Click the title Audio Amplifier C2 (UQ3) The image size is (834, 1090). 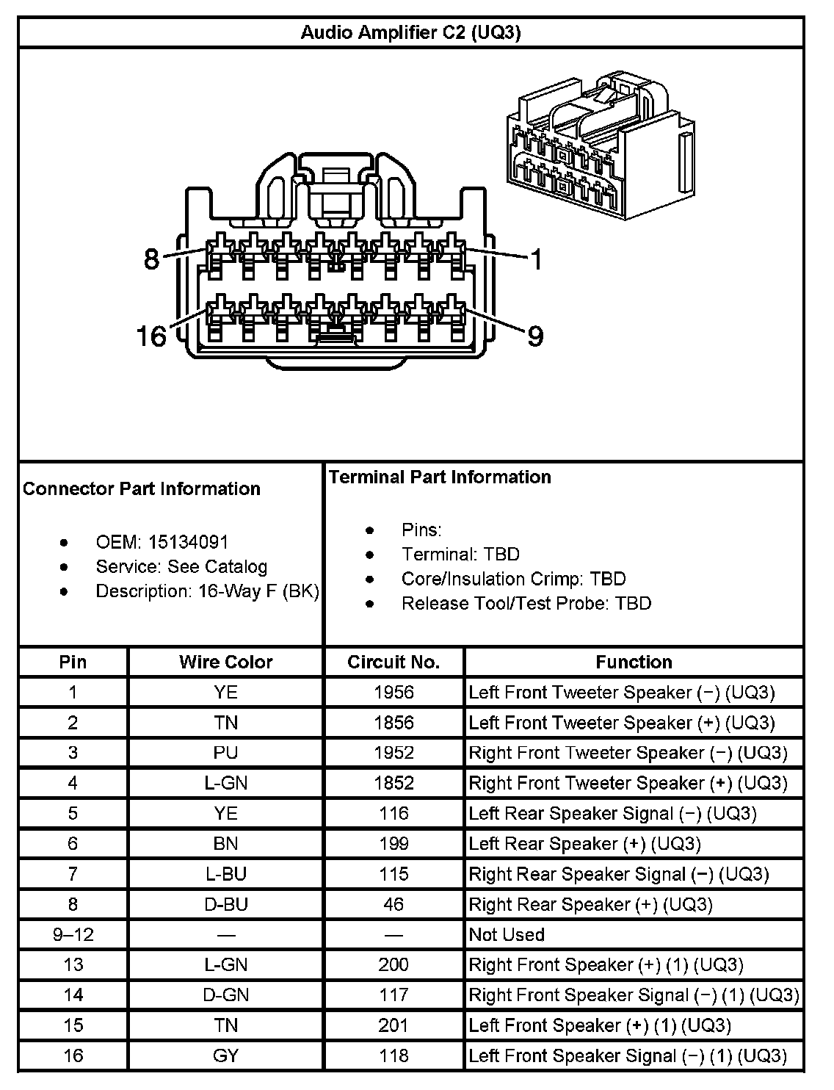410,32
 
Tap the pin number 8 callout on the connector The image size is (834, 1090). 151,259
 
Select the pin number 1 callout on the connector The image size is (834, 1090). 537,259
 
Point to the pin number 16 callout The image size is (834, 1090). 151,336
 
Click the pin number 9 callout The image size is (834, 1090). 535,336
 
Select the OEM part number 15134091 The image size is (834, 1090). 189,542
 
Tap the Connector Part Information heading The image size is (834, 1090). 142,488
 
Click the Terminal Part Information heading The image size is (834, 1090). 440,477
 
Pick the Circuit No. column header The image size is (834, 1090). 394,662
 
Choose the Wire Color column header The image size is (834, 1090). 225,662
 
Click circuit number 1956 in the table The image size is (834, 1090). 394,692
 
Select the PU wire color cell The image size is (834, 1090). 225,753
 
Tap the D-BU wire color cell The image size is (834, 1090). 225,904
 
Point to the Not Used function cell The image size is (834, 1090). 507,934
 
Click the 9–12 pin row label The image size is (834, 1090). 73,934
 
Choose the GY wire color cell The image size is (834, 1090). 225,1055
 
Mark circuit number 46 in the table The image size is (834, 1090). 394,904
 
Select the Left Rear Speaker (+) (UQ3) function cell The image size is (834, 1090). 584,844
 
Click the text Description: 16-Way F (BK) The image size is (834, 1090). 207,591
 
